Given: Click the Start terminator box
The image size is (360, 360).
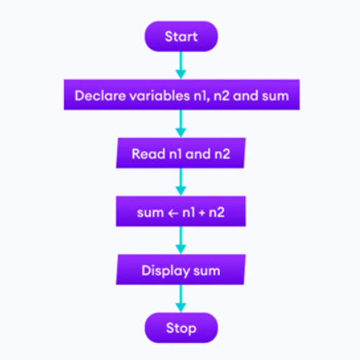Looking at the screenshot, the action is pyautogui.click(x=181, y=36).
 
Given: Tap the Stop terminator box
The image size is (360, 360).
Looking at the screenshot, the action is pyautogui.click(x=181, y=328).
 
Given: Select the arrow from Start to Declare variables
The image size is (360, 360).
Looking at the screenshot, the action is pyautogui.click(x=181, y=65).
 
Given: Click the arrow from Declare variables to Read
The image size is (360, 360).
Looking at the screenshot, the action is pyautogui.click(x=181, y=124).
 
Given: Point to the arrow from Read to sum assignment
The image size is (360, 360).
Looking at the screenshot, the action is pyautogui.click(x=181, y=182).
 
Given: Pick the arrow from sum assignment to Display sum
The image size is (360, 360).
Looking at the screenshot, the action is pyautogui.click(x=181, y=240).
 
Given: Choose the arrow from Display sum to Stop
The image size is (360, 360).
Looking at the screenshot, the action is pyautogui.click(x=181, y=298).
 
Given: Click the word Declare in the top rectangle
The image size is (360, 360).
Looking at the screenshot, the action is pyautogui.click(x=100, y=95).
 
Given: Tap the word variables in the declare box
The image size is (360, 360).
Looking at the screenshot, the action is pyautogui.click(x=160, y=95).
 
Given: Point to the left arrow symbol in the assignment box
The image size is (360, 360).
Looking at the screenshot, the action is pyautogui.click(x=173, y=213).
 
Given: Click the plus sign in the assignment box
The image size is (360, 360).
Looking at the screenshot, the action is pyautogui.click(x=202, y=213).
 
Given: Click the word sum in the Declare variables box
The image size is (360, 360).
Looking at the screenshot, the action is pyautogui.click(x=275, y=96).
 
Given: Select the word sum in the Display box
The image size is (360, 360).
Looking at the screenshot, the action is pyautogui.click(x=207, y=271).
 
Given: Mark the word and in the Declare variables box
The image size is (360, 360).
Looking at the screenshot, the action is pyautogui.click(x=245, y=95).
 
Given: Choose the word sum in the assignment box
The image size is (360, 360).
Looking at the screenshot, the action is pyautogui.click(x=151, y=213).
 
